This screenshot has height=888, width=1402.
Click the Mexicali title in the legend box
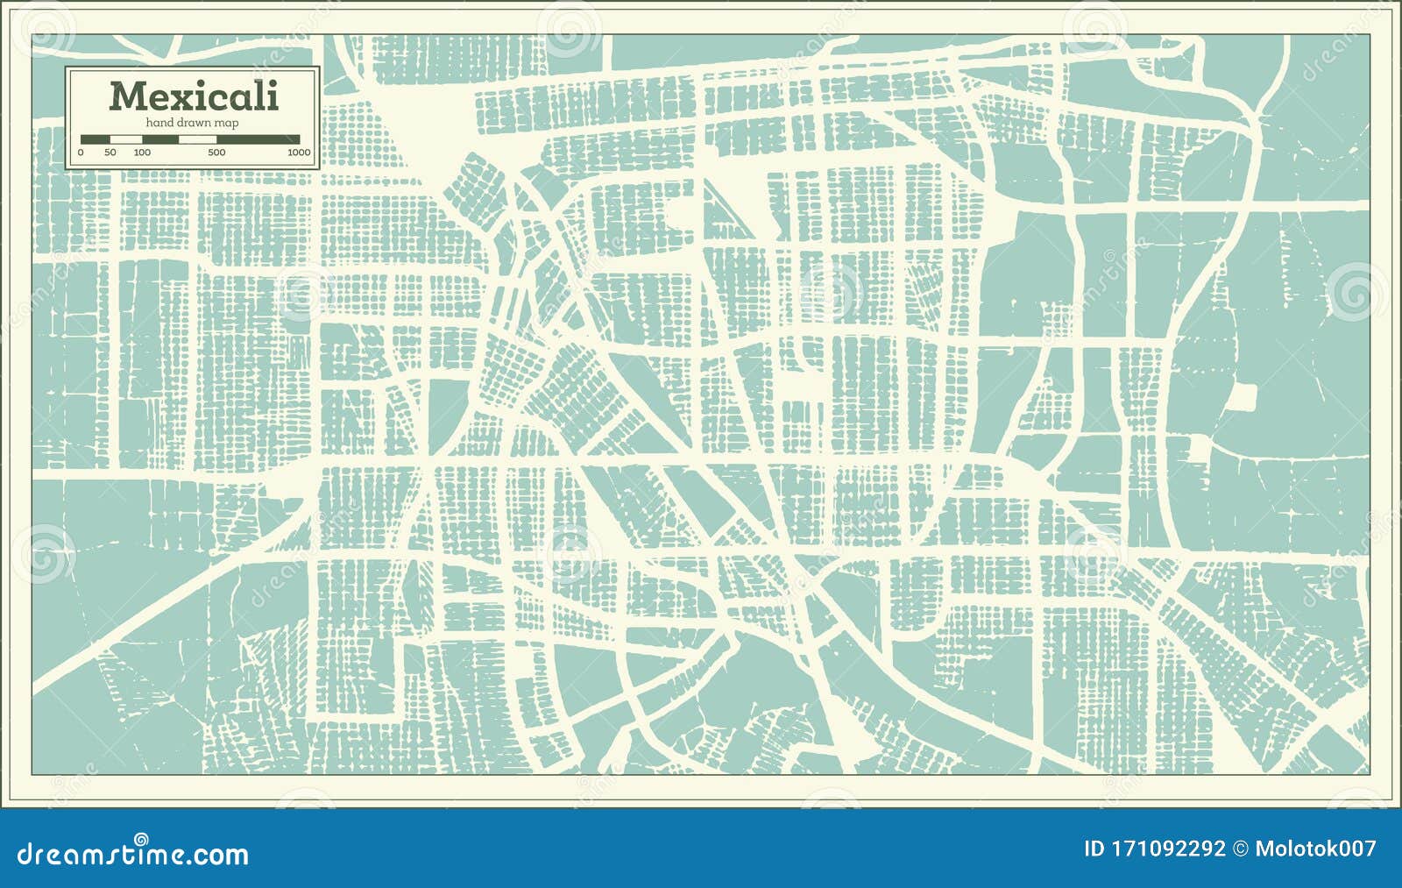pos(194,96)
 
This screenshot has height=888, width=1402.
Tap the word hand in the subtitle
pos(159,123)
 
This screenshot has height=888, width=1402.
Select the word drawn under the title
pos(195,123)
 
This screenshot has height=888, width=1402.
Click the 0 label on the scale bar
pos(81,153)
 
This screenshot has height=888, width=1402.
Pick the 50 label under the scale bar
pos(110,153)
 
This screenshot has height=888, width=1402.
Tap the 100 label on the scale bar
pos(142,153)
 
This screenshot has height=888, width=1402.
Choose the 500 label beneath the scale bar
pos(216,153)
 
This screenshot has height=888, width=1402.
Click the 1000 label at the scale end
pos(299,153)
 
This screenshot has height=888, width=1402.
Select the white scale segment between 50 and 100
pos(126,139)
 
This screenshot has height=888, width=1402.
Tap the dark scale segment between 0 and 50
pos(96,139)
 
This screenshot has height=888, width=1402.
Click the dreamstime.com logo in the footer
pos(133,854)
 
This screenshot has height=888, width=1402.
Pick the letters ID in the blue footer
pos(1094,849)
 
